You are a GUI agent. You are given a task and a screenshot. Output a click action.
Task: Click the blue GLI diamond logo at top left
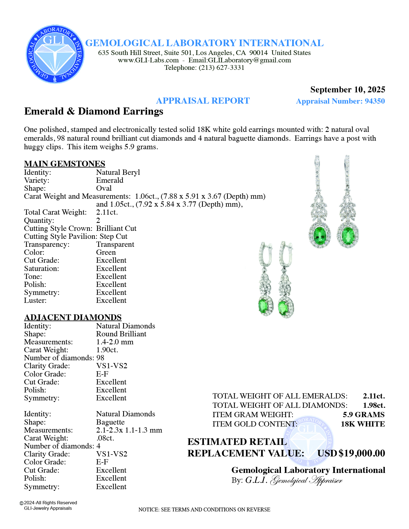tap(55, 54)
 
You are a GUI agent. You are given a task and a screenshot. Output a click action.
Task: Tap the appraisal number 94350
tap(375, 101)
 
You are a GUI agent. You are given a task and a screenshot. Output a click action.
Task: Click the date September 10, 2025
tap(347, 90)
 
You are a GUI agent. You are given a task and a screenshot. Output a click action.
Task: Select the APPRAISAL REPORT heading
tap(203, 101)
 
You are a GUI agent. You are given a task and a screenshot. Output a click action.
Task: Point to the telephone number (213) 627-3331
tap(222, 68)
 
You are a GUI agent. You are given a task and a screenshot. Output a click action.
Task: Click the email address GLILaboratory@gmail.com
tap(239, 60)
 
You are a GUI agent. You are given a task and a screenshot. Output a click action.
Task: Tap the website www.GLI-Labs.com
tap(148, 60)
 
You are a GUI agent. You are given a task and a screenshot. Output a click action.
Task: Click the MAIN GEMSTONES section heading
tap(65, 164)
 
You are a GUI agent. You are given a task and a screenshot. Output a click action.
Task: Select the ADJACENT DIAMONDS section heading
tap(73, 317)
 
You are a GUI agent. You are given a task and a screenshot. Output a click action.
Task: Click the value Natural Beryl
tap(118, 172)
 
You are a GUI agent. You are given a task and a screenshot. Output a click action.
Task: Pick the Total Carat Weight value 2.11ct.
tap(107, 212)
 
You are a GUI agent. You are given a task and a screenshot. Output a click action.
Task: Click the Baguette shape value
tap(110, 422)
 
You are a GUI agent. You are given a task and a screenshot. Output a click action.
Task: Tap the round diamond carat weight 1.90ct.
tap(107, 350)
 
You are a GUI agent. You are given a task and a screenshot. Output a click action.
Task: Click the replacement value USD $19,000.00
tap(351, 453)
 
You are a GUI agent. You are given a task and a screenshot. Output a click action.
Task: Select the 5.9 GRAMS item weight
tap(363, 414)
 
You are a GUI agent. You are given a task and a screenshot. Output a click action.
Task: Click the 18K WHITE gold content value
tap(363, 424)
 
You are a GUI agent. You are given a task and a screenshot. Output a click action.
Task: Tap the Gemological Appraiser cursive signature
tap(306, 480)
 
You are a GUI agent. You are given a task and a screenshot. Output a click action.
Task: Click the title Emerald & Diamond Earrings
tap(94, 111)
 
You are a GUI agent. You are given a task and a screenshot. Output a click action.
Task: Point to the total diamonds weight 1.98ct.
tap(374, 405)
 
